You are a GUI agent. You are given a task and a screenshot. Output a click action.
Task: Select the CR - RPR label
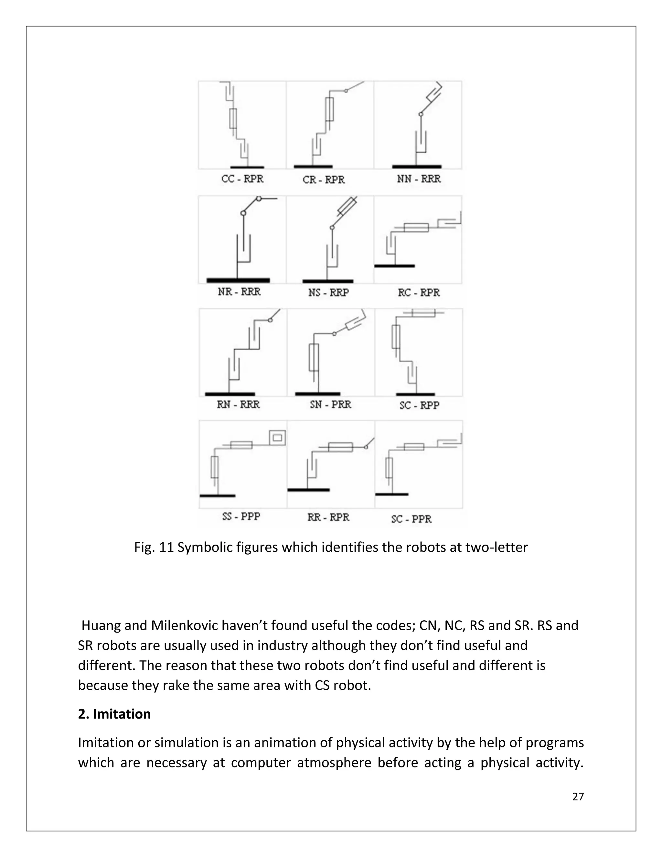coord(324,180)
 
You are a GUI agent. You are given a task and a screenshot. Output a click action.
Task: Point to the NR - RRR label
coord(239,292)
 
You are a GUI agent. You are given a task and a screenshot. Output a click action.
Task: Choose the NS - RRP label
coord(328,293)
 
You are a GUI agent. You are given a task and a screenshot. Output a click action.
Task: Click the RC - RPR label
coord(419,293)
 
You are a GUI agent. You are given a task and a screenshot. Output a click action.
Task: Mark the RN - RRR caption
coord(239,405)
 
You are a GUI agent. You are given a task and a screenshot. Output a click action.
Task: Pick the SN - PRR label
coord(330,405)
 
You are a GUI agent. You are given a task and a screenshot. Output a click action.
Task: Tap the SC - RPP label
coord(419,405)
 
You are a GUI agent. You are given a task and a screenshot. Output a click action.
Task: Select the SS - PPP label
coord(241,516)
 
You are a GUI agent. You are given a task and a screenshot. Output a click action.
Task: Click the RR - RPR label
coord(328,517)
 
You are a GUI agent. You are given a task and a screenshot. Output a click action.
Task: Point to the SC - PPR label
coord(411,519)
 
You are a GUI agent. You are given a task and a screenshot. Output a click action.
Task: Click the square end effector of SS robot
coord(277,438)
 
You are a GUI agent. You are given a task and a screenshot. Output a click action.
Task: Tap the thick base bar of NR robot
coord(238,280)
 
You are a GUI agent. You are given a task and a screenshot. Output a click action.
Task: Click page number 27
coord(578,797)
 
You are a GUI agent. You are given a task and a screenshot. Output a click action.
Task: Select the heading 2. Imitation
coord(114,714)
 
